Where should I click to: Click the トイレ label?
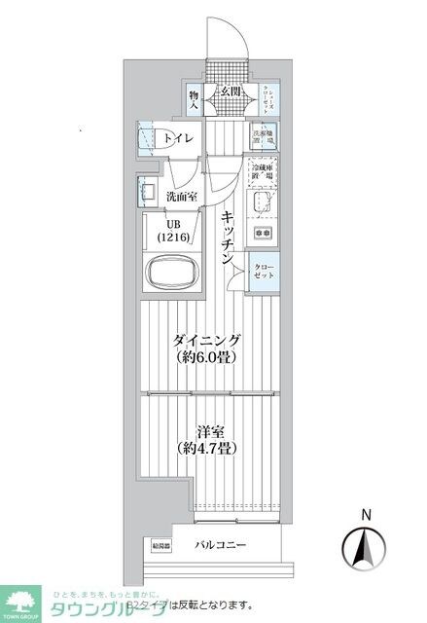177,138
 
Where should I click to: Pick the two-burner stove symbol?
263,235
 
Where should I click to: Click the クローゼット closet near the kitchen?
264,270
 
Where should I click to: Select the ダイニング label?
206,340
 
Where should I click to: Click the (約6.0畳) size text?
206,358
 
